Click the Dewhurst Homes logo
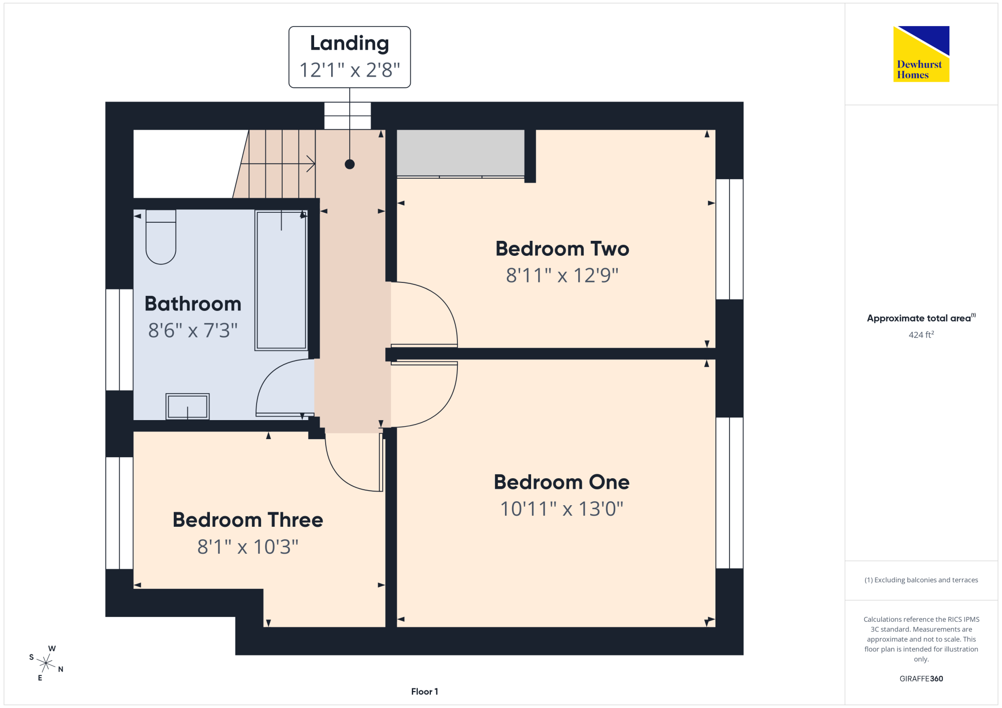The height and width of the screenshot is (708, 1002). point(921,54)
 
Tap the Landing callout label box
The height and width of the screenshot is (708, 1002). point(350,57)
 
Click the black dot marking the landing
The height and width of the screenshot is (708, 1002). point(350,164)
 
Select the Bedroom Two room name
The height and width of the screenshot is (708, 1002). point(562,249)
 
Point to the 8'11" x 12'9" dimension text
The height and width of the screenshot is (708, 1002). point(562,275)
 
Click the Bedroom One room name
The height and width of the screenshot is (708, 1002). point(562,482)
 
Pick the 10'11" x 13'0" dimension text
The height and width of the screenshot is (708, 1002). point(562,509)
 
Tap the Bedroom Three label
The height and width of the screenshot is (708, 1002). point(248,520)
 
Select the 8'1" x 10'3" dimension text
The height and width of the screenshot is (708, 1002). point(248,547)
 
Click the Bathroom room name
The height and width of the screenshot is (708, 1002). point(193,304)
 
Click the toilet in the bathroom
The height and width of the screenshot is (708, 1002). point(161,237)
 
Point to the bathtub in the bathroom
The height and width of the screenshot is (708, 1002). point(281,280)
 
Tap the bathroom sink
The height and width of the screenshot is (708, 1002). point(187,406)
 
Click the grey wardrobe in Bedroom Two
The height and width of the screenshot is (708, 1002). point(460,153)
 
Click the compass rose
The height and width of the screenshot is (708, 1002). point(46,663)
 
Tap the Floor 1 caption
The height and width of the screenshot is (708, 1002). point(424,691)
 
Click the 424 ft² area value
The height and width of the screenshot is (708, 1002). point(921,334)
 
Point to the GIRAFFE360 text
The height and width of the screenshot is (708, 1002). point(921,679)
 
